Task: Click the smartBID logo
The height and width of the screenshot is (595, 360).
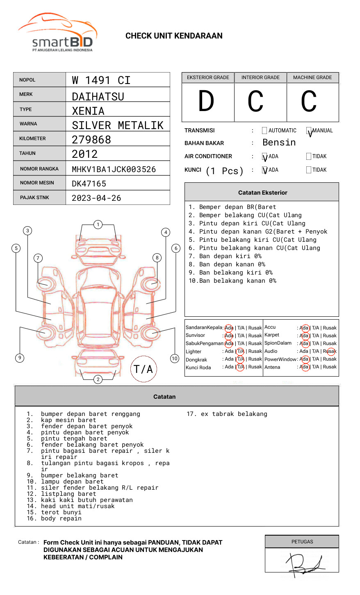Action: pos(57,33)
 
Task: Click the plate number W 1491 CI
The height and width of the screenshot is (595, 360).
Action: pos(101,80)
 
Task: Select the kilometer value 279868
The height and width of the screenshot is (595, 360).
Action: pos(91,140)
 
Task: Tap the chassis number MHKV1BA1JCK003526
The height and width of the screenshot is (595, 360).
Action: pos(114,169)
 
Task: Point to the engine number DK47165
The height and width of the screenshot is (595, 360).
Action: pos(89,184)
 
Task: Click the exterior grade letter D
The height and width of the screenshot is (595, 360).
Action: pos(206,102)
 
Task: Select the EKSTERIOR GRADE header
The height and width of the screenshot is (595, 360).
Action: pos(208,77)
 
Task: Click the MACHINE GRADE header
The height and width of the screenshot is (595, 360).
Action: pos(312,77)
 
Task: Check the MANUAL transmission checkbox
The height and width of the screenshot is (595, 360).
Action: pos(309,131)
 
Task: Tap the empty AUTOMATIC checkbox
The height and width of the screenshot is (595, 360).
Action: pos(264,131)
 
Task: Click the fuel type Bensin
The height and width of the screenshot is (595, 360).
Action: pos(279,143)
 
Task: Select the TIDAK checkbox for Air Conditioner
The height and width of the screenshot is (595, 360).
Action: pos(309,157)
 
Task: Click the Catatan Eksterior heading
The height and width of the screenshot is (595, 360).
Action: pos(262,193)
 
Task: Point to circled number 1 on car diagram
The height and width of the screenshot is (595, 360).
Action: pos(98,225)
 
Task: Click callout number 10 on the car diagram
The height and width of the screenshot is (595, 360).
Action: pos(175,359)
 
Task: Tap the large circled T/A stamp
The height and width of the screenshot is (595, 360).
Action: pos(144,369)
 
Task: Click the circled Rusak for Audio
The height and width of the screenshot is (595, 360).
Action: pos(331,351)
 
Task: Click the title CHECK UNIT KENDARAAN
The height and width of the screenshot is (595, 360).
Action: pos(174,36)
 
